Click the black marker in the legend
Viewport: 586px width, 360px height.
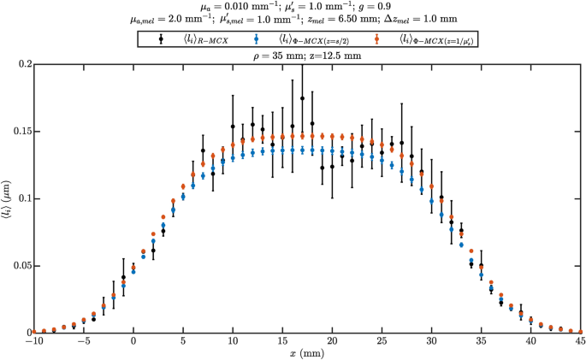(162, 38)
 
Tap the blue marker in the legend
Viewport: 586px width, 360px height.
(257, 38)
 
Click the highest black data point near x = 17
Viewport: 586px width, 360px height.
(302, 98)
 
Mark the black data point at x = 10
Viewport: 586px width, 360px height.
(233, 127)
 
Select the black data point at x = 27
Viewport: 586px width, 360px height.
(401, 142)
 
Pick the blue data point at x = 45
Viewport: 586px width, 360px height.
(581, 331)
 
